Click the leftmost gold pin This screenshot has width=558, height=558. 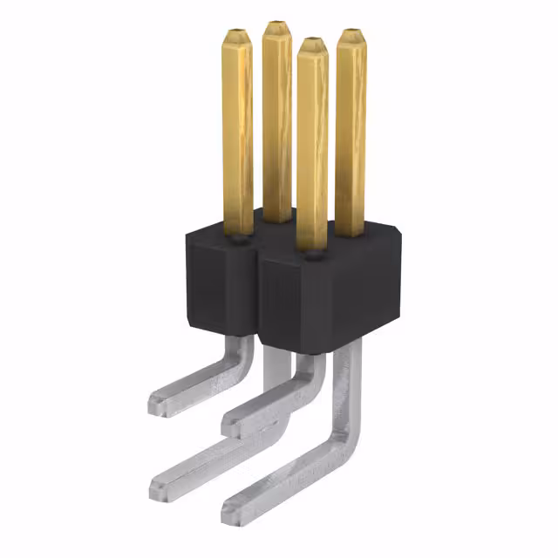point(237,131)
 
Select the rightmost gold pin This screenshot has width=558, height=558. point(350,131)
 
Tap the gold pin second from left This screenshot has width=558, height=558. point(277,122)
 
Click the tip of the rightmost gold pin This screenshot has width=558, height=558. point(351,35)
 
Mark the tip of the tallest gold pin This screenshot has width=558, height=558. point(277,26)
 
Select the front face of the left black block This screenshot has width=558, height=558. point(218,288)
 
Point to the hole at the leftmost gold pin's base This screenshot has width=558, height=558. point(237,234)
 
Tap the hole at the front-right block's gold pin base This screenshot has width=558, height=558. point(311,255)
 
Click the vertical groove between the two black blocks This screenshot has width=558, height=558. point(259,296)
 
